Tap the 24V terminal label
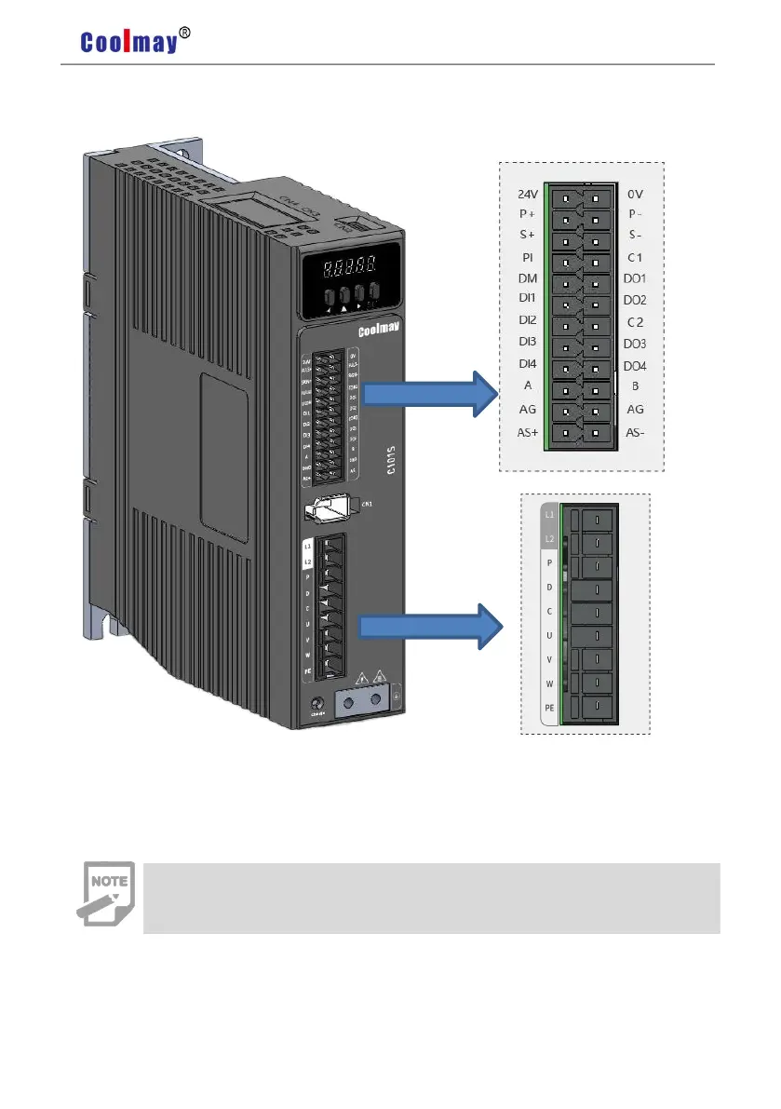click(x=528, y=196)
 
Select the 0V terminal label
click(x=636, y=196)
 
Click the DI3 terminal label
click(x=528, y=343)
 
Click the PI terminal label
click(x=527, y=256)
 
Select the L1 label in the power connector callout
click(x=550, y=515)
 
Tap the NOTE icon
click(x=104, y=894)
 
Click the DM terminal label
click(x=528, y=278)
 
